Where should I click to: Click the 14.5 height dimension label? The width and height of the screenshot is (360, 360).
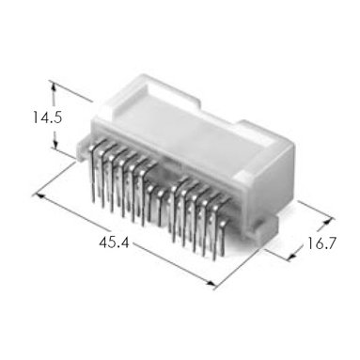pos(48,117)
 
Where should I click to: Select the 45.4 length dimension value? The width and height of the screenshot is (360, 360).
pos(114,243)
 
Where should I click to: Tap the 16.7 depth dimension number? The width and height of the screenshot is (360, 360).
pos(321,243)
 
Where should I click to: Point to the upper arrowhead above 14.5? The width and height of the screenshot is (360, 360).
pos(54,86)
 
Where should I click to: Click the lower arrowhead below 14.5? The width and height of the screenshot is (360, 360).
pos(55,144)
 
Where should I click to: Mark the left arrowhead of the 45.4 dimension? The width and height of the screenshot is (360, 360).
pos(39,196)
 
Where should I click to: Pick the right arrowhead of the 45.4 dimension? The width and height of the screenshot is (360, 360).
pos(211,283)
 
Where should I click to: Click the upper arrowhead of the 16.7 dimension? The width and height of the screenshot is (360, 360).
pos(327,221)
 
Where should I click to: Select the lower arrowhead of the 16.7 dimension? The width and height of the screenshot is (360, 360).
pos(291,258)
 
